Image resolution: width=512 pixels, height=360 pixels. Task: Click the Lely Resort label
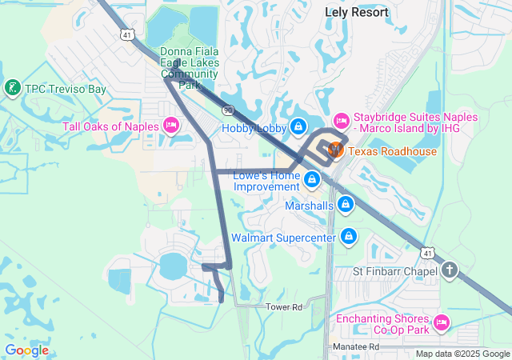point(357,12)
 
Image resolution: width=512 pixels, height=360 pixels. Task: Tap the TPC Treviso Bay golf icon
point(13,87)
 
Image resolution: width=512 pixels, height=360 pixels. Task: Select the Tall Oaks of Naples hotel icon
point(170,126)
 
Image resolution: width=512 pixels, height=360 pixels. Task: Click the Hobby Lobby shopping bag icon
point(298,126)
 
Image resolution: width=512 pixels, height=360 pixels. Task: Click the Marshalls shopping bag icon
point(346,205)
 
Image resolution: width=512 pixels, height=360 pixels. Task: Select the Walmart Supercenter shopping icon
point(349,237)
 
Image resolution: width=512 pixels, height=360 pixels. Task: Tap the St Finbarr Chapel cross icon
point(449,270)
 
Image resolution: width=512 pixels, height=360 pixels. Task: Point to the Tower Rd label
point(286,306)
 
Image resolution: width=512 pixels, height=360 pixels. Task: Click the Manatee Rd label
point(356,346)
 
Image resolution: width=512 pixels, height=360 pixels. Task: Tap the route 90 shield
point(228,110)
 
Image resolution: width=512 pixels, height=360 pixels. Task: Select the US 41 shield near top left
point(128,34)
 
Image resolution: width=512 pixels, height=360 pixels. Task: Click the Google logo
point(26,350)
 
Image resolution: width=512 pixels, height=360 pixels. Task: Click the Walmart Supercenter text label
point(283,238)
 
